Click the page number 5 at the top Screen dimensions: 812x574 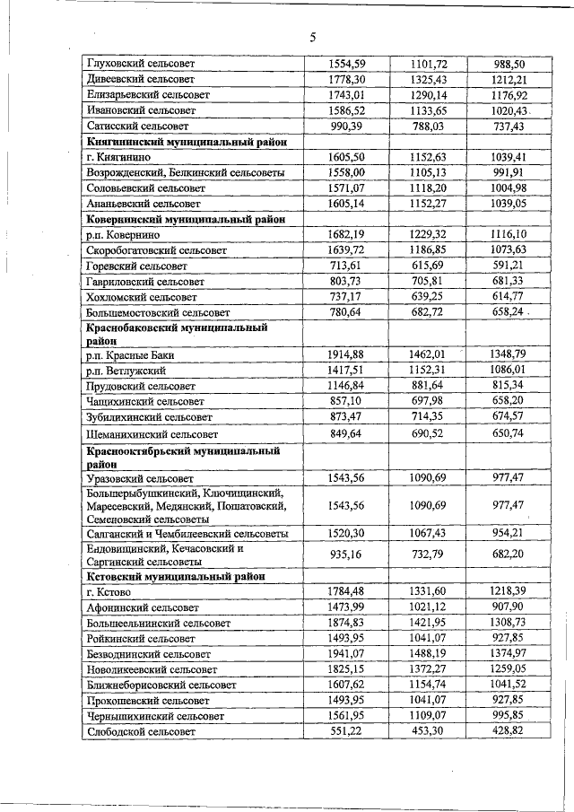(x=313, y=37)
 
